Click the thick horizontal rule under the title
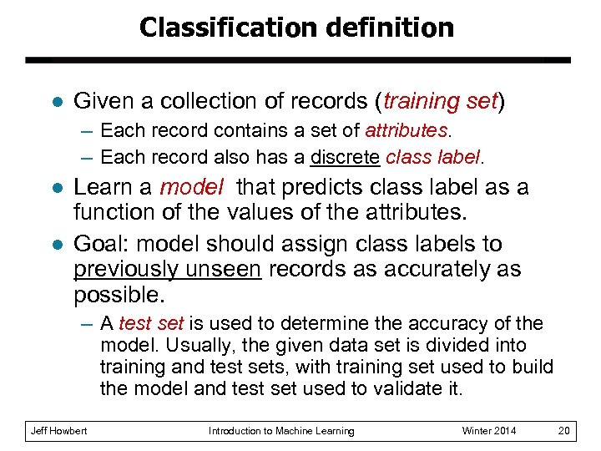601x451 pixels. coord(298,61)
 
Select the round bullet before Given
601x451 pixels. coord(55,102)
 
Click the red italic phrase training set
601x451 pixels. coord(440,102)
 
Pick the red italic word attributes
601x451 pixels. coord(407,131)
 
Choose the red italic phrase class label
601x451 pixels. coord(433,157)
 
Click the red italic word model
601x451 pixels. coord(191,187)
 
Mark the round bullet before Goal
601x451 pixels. coord(55,245)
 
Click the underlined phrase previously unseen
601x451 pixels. coord(167,270)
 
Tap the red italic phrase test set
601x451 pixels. coord(153,324)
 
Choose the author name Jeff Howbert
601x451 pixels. coord(58,431)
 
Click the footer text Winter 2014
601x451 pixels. coord(489,431)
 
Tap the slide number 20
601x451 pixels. coord(564,431)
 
